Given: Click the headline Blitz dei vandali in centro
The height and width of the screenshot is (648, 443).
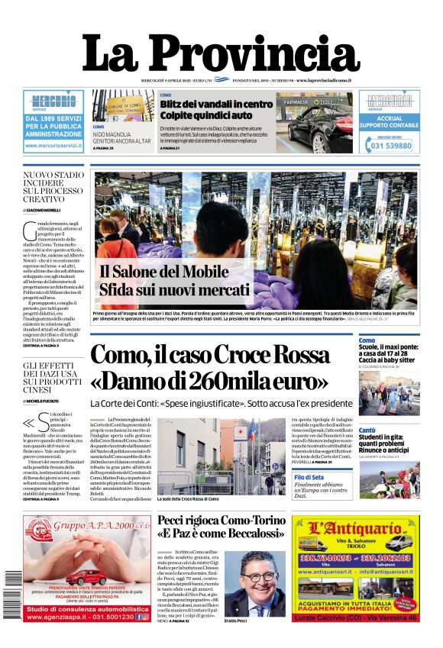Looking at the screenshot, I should pyautogui.click(x=215, y=104).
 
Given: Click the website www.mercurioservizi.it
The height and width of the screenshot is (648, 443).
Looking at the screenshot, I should pyautogui.click(x=53, y=146).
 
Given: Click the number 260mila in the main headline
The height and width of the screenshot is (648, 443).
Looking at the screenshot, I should pyautogui.click(x=252, y=380).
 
